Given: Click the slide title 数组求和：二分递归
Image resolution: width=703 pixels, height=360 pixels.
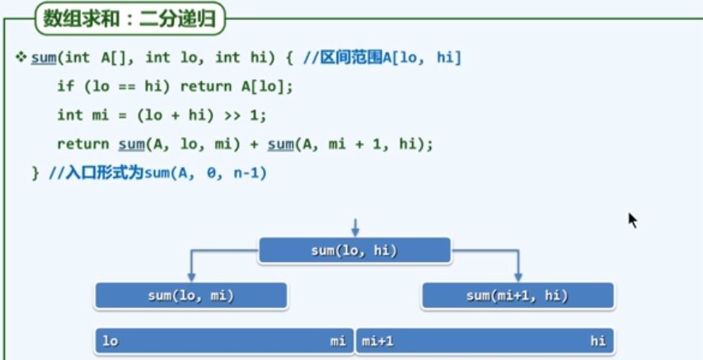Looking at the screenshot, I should point(129,18).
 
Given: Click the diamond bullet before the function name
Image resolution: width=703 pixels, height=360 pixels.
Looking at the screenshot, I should point(22,57).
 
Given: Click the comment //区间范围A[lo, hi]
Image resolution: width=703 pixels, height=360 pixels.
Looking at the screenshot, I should point(382,58).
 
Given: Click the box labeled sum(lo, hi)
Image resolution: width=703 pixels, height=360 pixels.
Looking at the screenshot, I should point(354,250).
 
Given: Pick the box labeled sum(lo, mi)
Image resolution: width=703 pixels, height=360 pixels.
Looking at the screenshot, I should point(190,296).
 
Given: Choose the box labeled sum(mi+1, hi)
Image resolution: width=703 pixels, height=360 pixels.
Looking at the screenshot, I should point(518,296).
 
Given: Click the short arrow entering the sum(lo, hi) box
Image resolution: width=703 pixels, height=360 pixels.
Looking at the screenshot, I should point(354,227).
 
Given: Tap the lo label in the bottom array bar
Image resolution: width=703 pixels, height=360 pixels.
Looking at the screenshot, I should point(110,341).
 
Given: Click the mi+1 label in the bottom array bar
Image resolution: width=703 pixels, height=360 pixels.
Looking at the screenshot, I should point(379,341).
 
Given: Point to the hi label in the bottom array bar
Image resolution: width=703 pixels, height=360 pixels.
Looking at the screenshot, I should point(598,341).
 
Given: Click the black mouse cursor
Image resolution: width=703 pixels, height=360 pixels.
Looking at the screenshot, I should point(632,220).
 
